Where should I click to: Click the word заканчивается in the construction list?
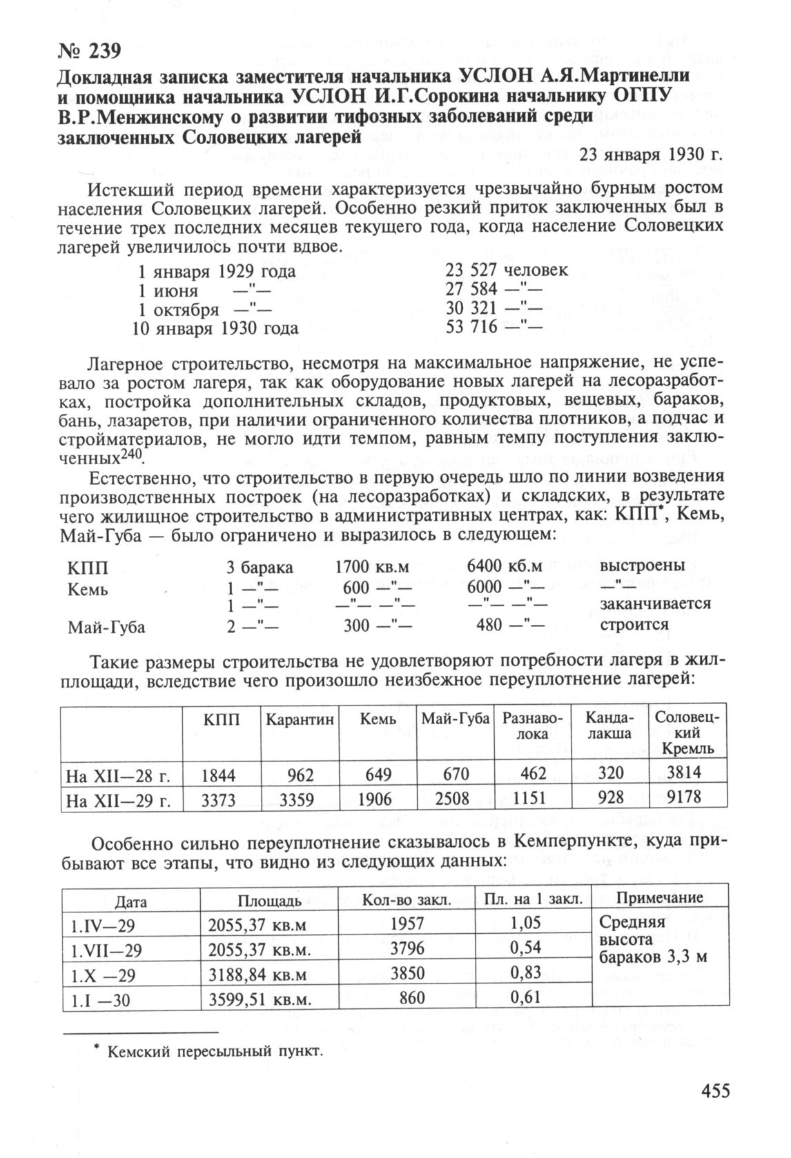pos(655,603)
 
